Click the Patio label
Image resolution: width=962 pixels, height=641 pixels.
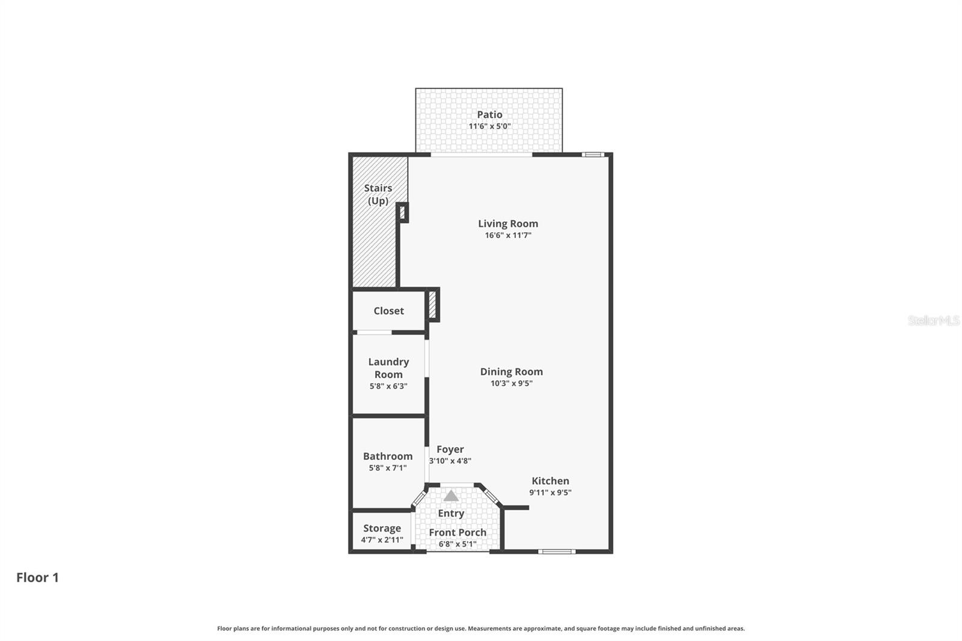tap(489, 114)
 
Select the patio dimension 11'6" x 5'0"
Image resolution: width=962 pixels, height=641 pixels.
tap(489, 126)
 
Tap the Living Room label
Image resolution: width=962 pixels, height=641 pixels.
tap(508, 223)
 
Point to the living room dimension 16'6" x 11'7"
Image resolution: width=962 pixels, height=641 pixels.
tap(508, 235)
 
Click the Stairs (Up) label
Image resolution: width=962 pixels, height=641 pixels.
tap(378, 194)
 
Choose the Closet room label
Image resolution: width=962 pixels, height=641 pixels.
tap(388, 311)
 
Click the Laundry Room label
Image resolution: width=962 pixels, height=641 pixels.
tap(388, 367)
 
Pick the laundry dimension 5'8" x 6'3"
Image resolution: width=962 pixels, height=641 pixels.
tap(388, 386)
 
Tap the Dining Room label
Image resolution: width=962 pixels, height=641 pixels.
tap(511, 372)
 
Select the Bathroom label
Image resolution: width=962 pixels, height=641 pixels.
tap(388, 456)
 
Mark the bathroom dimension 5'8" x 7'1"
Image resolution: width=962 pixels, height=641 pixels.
tap(388, 468)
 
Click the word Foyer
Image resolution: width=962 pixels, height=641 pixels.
tap(450, 449)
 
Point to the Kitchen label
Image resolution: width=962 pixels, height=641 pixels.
tap(550, 480)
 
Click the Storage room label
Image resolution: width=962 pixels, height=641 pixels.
tap(382, 528)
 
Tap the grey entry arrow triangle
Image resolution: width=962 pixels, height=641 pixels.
tap(451, 496)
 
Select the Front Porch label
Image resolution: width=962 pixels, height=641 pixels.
tap(458, 532)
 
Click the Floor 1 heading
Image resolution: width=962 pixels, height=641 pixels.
tap(37, 577)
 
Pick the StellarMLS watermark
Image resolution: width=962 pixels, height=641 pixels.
tap(933, 320)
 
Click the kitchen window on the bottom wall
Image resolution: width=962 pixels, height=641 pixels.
tap(556, 551)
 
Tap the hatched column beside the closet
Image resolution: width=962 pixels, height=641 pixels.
tap(432, 304)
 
